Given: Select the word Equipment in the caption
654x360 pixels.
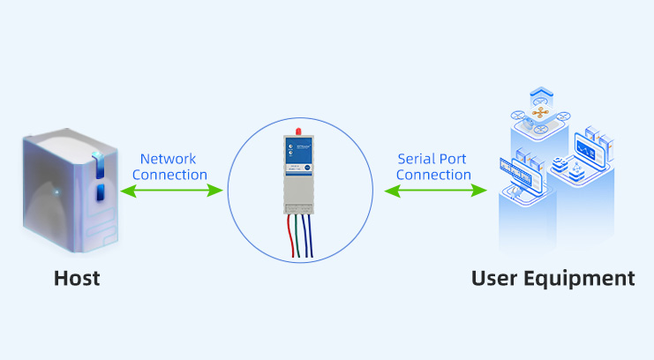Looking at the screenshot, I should [x=584, y=280].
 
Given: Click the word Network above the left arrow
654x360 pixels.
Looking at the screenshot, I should [x=169, y=159].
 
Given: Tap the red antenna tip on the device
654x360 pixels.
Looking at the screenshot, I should [x=297, y=131].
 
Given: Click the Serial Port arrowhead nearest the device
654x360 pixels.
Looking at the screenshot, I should [x=387, y=189].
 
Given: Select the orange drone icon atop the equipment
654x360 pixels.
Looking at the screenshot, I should [x=539, y=111].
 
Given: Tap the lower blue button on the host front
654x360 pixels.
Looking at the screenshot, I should [x=99, y=191].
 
